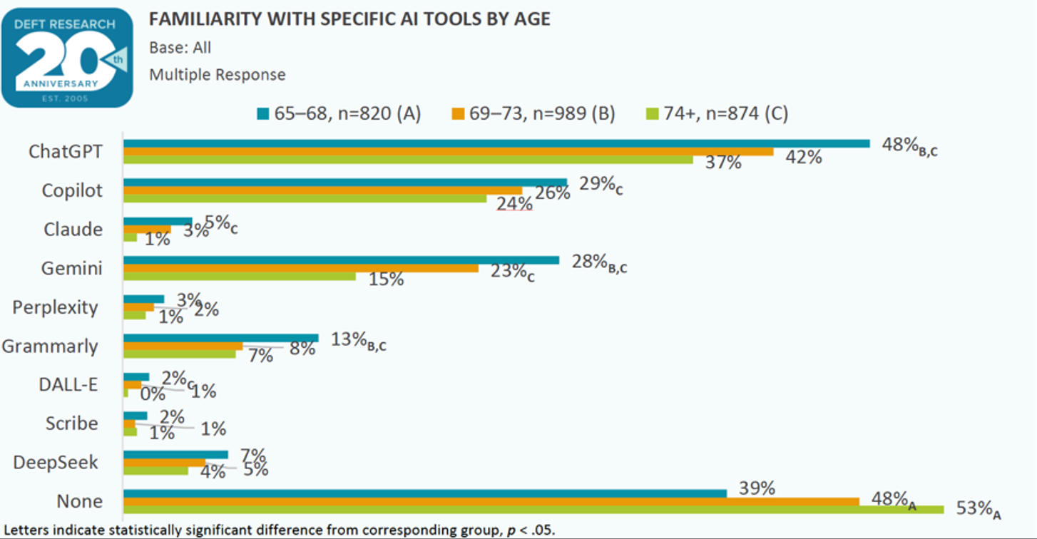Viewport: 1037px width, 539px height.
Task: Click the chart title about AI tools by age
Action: pyautogui.click(x=349, y=19)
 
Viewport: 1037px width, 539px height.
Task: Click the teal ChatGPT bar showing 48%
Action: pyautogui.click(x=496, y=143)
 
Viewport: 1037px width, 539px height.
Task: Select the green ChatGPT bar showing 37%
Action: pyautogui.click(x=408, y=160)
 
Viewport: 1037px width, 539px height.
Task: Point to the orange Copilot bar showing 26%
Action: pyautogui.click(x=322, y=190)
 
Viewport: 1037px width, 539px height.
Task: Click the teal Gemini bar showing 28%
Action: pyautogui.click(x=341, y=260)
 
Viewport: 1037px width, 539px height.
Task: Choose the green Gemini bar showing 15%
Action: pyautogui.click(x=240, y=276)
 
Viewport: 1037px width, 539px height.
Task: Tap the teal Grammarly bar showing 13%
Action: pyautogui.click(x=221, y=338)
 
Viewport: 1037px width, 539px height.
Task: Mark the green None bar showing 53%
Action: pyautogui.click(x=533, y=509)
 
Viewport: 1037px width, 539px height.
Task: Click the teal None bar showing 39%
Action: pyautogui.click(x=425, y=493)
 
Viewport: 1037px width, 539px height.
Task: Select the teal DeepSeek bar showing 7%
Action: pyautogui.click(x=175, y=454)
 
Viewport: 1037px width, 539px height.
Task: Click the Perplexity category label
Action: pyautogui.click(x=55, y=307)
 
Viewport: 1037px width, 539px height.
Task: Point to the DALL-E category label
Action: pyautogui.click(x=68, y=385)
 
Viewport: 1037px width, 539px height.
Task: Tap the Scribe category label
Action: pyautogui.click(x=71, y=423)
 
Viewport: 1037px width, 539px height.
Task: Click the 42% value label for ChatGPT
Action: pyautogui.click(x=804, y=157)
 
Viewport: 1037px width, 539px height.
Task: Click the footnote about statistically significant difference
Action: pyautogui.click(x=278, y=530)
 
